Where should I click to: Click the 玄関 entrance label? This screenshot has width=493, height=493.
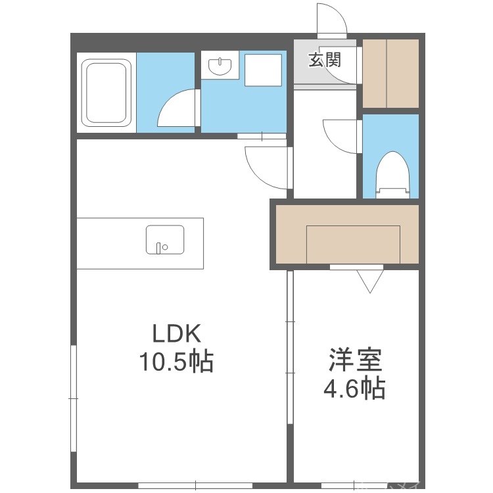pos(325,60)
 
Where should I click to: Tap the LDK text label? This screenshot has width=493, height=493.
pos(176,334)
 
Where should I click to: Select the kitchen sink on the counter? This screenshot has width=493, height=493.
pos(164,239)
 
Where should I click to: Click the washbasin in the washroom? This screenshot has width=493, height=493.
pos(220,66)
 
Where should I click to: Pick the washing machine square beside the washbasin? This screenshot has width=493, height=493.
pos(263,70)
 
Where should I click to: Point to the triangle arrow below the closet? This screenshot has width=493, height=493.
pos(370,281)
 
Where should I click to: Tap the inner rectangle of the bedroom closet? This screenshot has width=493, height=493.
pos(353,244)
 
